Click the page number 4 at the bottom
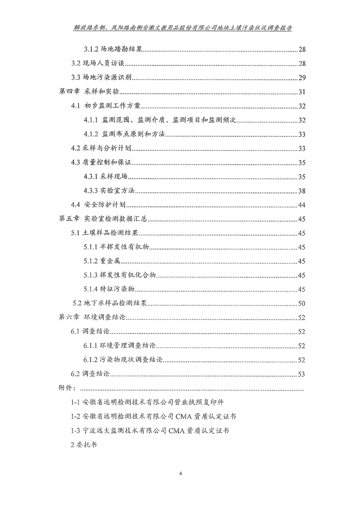coord(180,475)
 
